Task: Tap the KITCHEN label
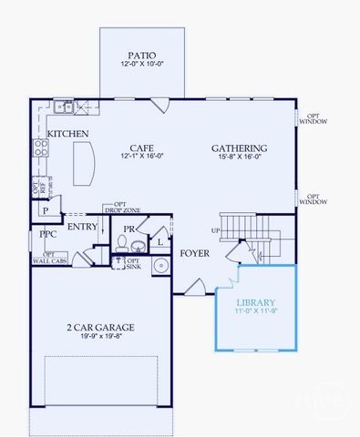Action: tap(68, 134)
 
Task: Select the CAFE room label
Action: tap(139, 147)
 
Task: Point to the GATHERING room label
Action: tap(239, 147)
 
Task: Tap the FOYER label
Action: tap(195, 254)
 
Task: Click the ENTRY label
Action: tap(82, 227)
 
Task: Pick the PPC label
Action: tap(47, 233)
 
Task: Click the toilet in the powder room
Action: tap(121, 243)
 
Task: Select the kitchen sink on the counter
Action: tap(64, 107)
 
